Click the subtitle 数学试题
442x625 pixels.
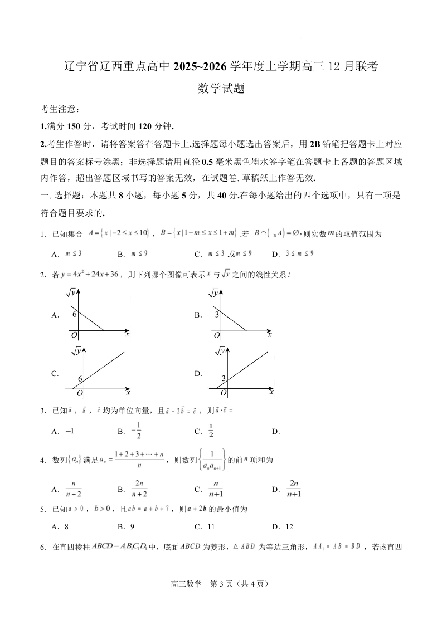click(221, 88)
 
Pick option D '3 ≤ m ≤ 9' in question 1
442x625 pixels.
click(300, 253)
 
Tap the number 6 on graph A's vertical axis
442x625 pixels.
click(74, 314)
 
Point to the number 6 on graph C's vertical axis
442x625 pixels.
click(80, 379)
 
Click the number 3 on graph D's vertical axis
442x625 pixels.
click(223, 379)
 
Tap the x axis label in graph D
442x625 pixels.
click(271, 392)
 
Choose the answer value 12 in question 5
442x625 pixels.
click(289, 526)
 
